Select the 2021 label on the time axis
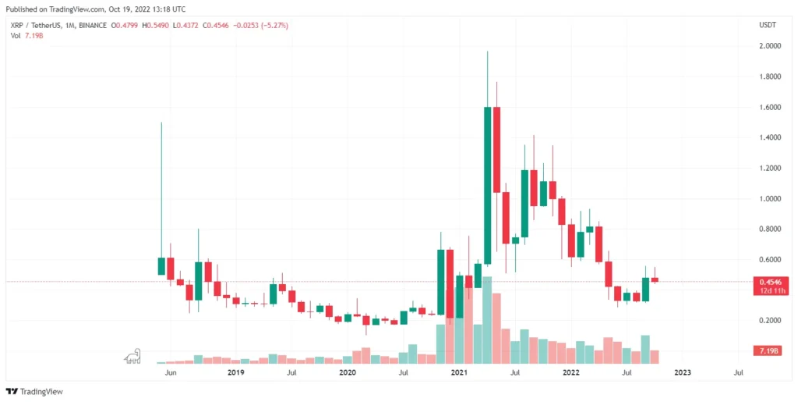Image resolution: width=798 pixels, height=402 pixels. point(459,373)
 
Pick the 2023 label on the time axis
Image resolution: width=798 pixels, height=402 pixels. point(682,373)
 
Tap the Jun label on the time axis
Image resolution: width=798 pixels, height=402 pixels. point(171,373)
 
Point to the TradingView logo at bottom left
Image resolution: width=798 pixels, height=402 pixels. point(34,391)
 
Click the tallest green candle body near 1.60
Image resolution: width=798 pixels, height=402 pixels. point(487,186)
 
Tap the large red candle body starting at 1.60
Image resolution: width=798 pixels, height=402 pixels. point(496,150)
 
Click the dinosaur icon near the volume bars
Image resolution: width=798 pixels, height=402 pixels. point(133,357)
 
